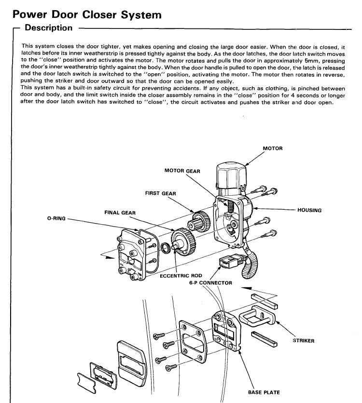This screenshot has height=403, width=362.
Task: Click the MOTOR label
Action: (x=273, y=148)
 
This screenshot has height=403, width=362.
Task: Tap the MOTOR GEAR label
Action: (x=182, y=171)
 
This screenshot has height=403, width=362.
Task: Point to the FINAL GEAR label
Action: (x=120, y=212)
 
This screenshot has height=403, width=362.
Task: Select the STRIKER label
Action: (x=304, y=341)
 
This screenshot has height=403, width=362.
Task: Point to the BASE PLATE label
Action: (x=264, y=392)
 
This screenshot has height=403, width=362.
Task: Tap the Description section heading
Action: (x=48, y=28)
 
